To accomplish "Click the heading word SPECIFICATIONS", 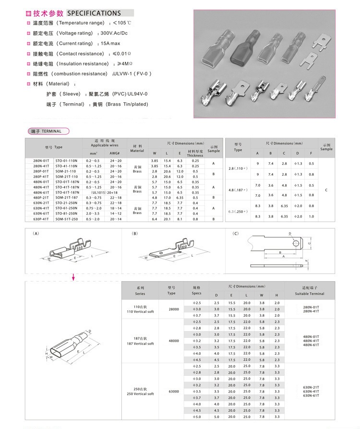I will [94, 13].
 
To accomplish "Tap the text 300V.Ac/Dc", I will [114, 33].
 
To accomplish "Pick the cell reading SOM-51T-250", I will [67, 218].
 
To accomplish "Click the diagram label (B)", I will [134, 233].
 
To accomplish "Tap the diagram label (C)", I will [235, 233].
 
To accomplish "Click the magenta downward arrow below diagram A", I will [73, 277].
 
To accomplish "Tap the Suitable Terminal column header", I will [310, 294].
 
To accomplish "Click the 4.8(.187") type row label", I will [238, 190].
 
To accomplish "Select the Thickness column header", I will [195, 155].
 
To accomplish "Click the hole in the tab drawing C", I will [294, 241].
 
